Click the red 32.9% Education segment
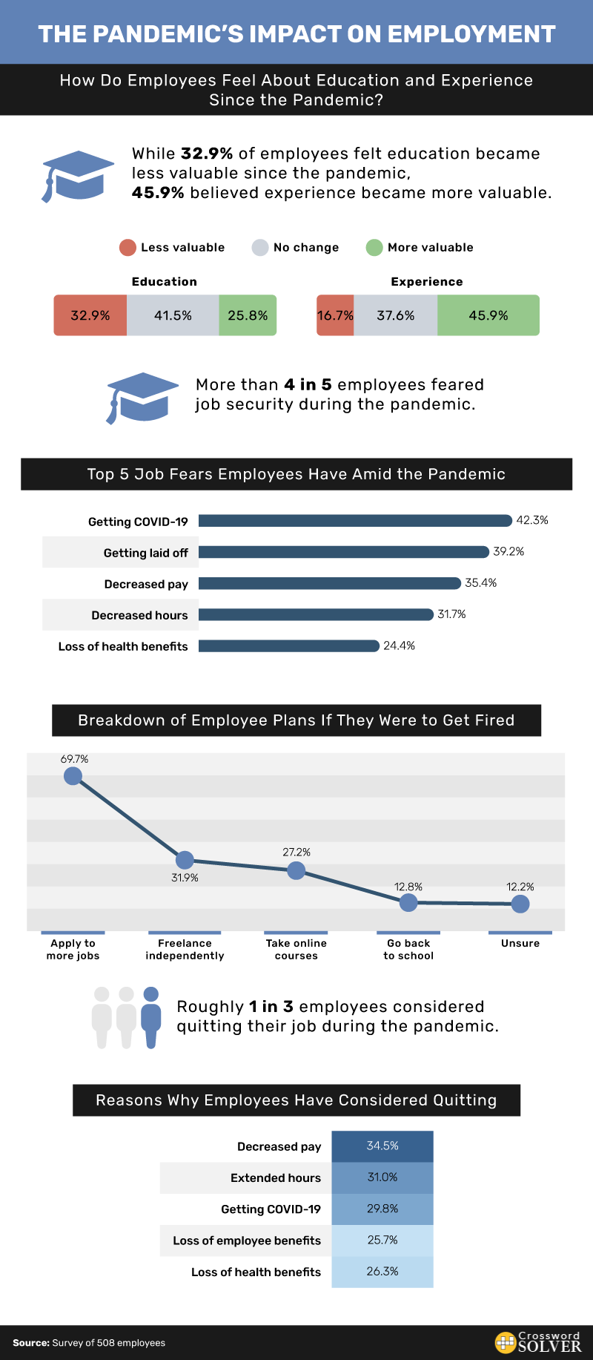pos(90,315)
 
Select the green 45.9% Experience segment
pos(488,315)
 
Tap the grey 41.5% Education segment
pos(173,315)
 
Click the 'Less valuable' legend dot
pos(127,248)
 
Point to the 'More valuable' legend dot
pos(374,248)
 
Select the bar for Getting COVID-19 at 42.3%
pos(355,521)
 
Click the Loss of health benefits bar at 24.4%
pos(289,645)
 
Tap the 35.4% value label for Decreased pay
pos(481,583)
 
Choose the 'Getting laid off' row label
pos(146,553)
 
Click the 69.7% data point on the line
pos(73,776)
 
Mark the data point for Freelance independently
pos(185,860)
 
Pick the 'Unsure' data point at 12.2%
pos(520,904)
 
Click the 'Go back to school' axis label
pos(408,950)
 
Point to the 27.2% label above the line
pos(296,853)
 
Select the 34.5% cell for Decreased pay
pos(382,1146)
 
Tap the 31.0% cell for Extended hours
pos(382,1177)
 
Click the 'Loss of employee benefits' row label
pos(247,1241)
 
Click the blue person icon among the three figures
pos(151,1016)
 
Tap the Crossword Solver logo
pos(538,1342)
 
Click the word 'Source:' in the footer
pos(31,1343)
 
